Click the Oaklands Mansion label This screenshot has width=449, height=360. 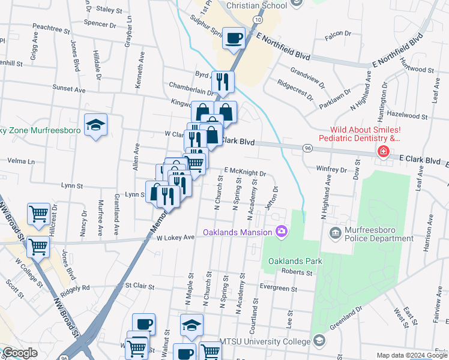(237, 232)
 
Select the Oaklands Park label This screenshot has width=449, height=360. (295, 261)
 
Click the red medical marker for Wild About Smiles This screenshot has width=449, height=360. (382, 152)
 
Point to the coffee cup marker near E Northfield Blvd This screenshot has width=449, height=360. (234, 39)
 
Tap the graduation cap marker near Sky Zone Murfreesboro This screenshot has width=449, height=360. (95, 125)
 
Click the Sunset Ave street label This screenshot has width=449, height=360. (69, 89)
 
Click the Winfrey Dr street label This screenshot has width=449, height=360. (331, 170)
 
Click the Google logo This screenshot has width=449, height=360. (20, 353)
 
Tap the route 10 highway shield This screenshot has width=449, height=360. (257, 20)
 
